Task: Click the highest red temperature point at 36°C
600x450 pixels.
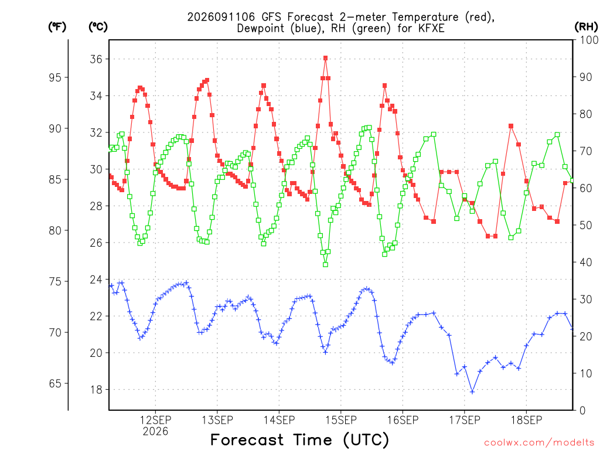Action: click(x=325, y=58)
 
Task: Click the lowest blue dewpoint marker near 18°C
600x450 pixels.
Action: click(x=472, y=392)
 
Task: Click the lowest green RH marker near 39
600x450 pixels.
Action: click(x=325, y=264)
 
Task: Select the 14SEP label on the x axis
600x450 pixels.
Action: click(x=279, y=420)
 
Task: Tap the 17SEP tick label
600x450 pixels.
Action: click(x=465, y=420)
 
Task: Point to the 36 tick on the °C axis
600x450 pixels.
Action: click(x=96, y=59)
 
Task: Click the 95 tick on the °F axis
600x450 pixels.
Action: click(x=55, y=77)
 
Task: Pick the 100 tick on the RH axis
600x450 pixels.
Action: click(x=589, y=40)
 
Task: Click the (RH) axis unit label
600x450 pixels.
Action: click(x=586, y=27)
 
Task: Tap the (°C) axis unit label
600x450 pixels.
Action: click(x=98, y=27)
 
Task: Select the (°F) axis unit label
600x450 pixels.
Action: click(x=57, y=27)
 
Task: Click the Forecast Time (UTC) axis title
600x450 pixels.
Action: click(x=299, y=439)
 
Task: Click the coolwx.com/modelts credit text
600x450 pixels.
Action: click(x=539, y=443)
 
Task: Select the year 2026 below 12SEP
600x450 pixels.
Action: click(x=155, y=432)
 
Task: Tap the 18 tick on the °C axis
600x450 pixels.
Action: click(x=96, y=390)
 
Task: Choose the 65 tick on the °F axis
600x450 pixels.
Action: click(x=55, y=383)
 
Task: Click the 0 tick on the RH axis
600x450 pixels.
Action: click(x=582, y=410)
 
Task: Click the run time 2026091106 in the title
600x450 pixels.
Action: click(x=221, y=17)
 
